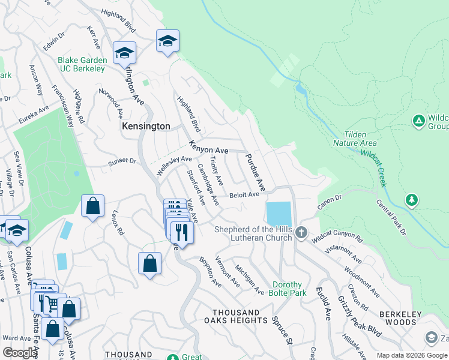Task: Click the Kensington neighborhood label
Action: pyautogui.click(x=146, y=127)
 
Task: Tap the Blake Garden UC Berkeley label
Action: pyautogui.click(x=82, y=64)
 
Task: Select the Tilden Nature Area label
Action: pyautogui.click(x=355, y=139)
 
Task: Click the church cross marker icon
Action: pyautogui.click(x=301, y=232)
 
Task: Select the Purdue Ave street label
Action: pyautogui.click(x=254, y=173)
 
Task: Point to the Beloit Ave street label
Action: pyautogui.click(x=244, y=194)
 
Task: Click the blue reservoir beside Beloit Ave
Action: pyautogui.click(x=279, y=214)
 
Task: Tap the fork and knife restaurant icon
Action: pyautogui.click(x=182, y=232)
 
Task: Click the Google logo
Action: pyautogui.click(x=20, y=353)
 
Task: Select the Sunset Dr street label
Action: pyautogui.click(x=122, y=161)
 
